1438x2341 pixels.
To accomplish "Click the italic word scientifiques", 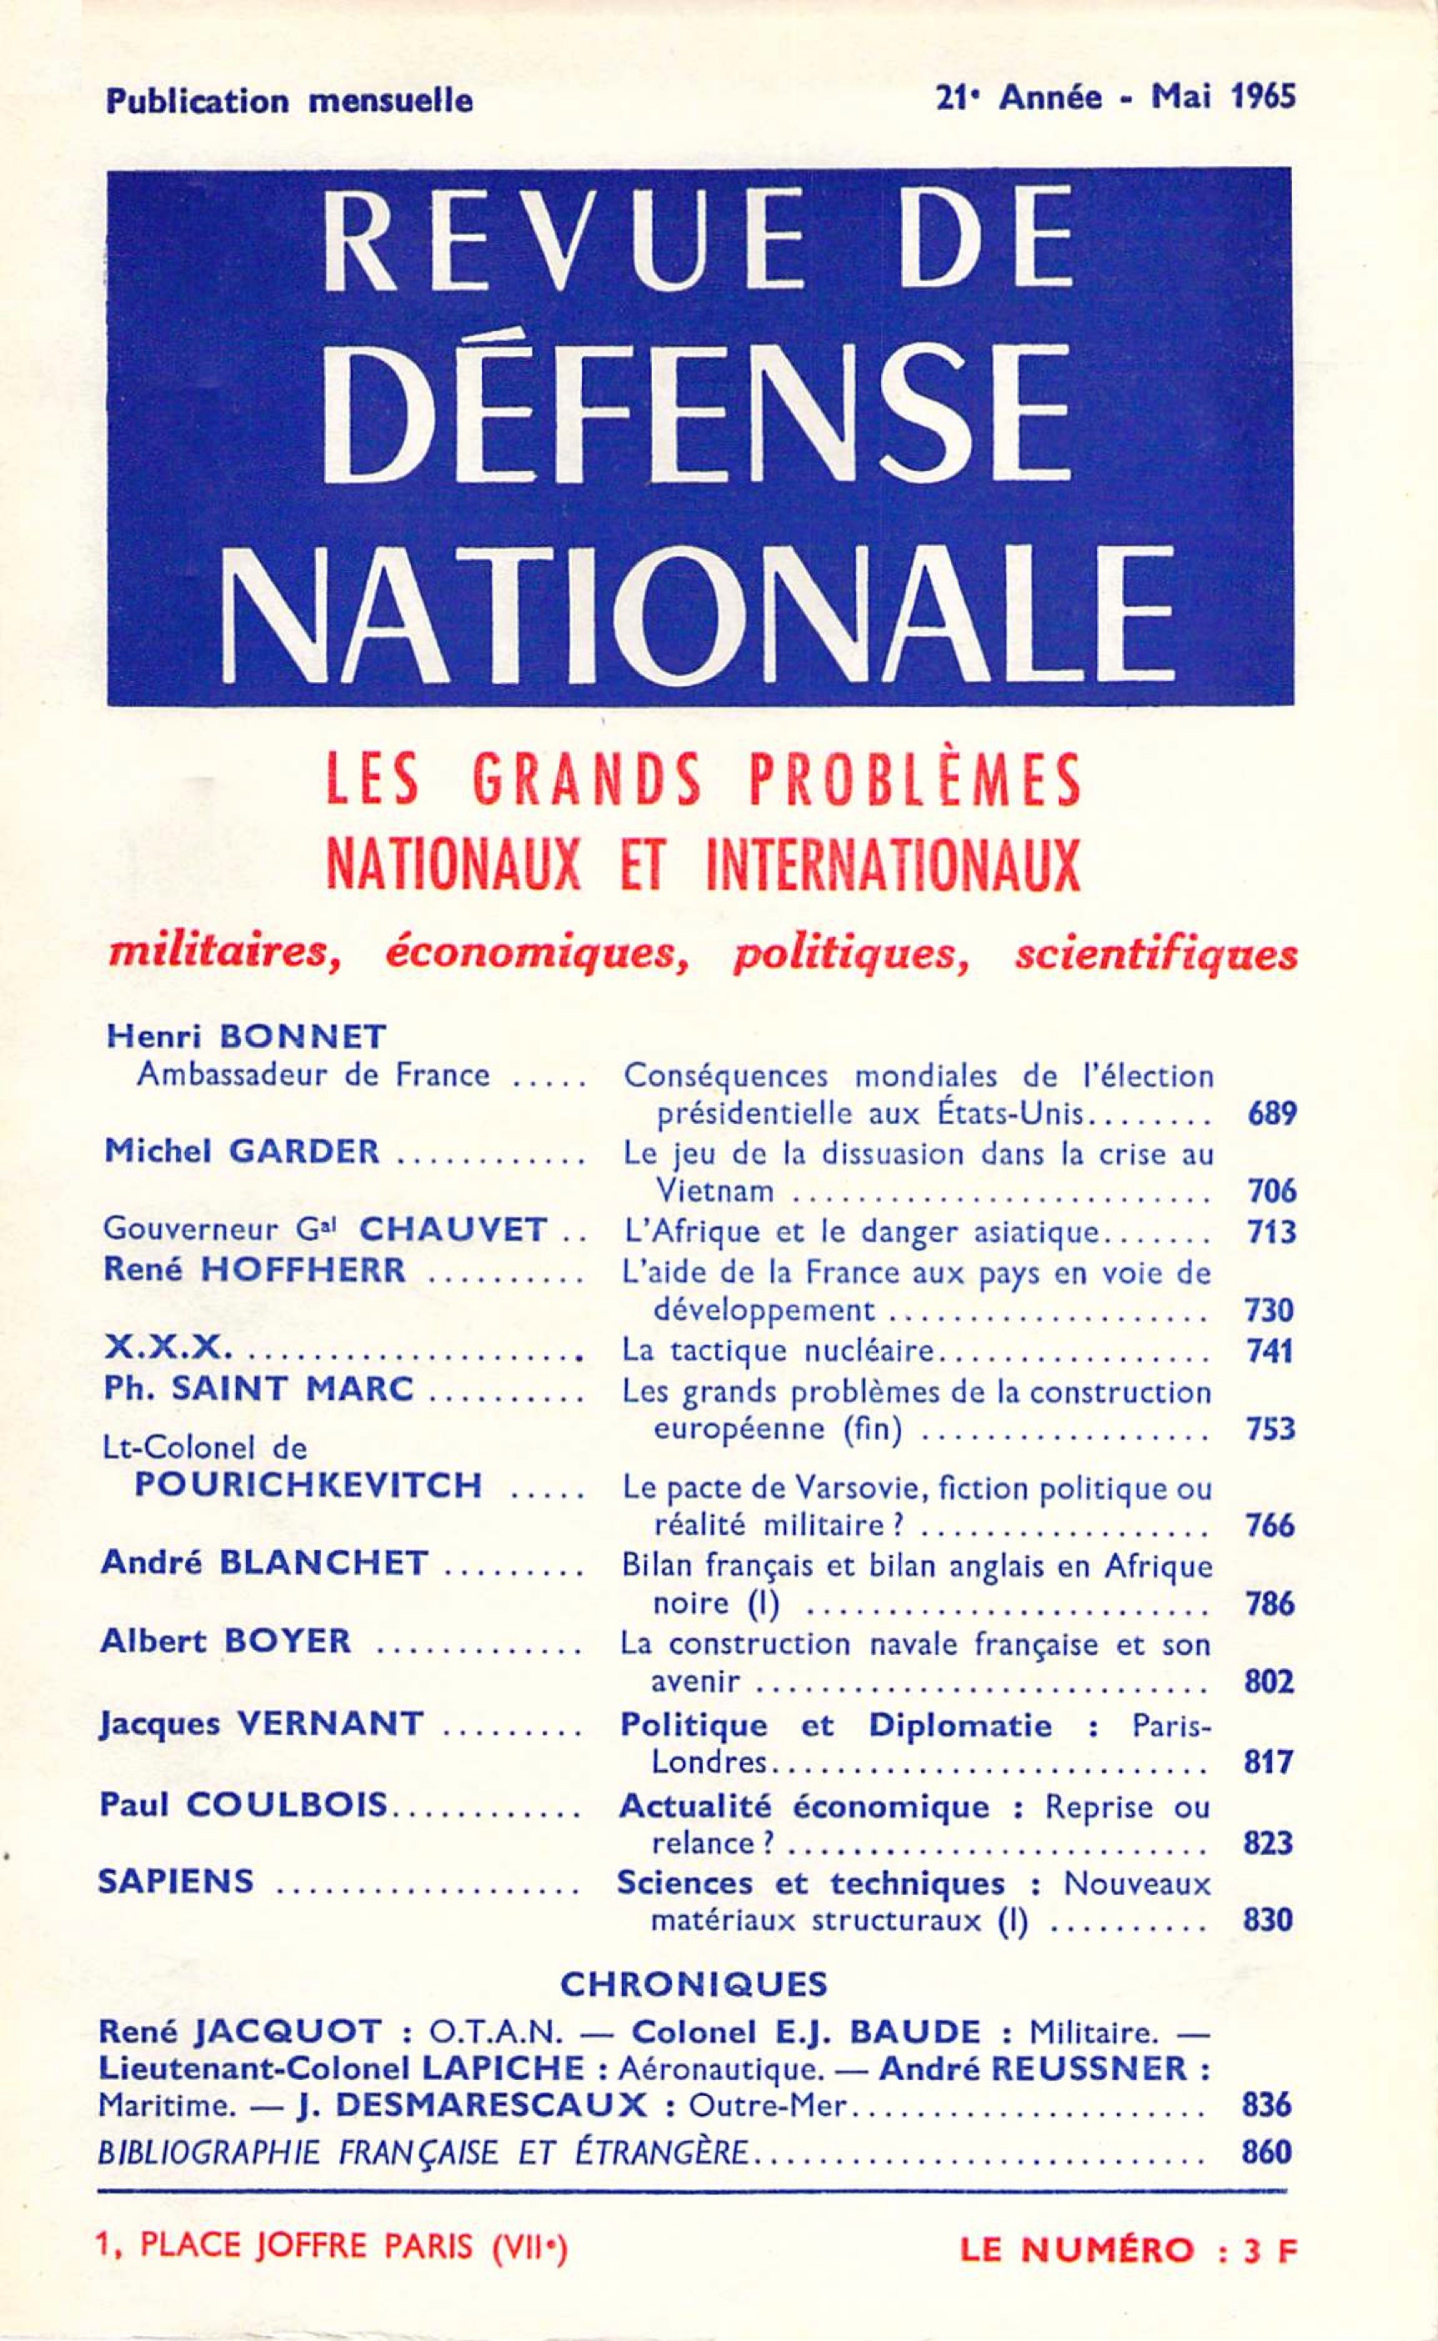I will click(x=1155, y=954).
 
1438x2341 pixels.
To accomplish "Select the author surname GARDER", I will click(x=304, y=1151).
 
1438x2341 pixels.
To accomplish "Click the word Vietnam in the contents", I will click(x=714, y=1191).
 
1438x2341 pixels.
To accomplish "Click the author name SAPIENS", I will click(x=176, y=1880).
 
